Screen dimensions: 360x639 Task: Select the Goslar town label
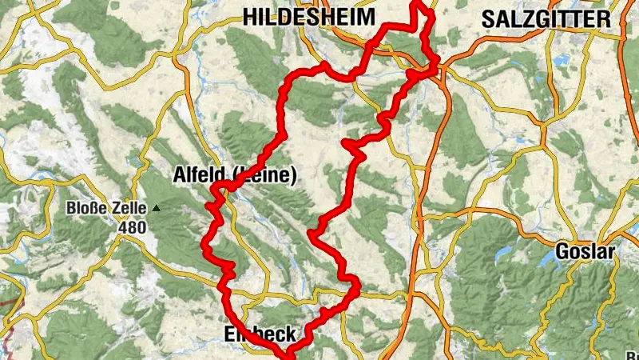[x=585, y=254]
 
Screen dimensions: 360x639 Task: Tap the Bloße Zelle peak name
[x=107, y=209]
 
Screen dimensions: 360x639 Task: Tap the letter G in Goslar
[x=562, y=254]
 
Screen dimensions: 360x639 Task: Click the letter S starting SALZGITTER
[x=487, y=19]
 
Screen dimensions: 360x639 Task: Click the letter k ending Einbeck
[x=292, y=334]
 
